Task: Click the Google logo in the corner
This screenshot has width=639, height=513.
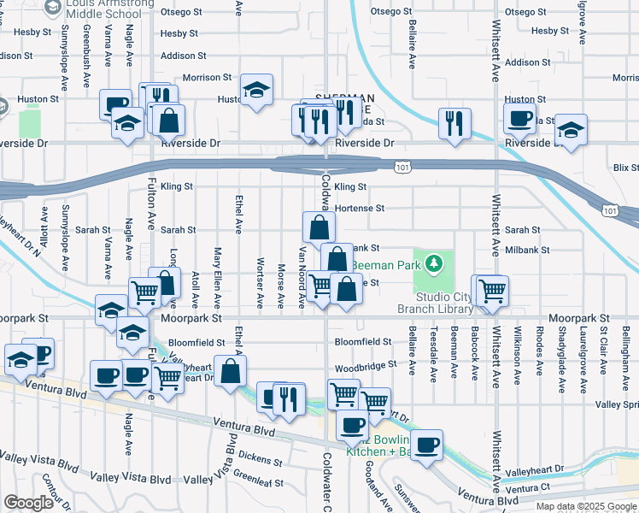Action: [28, 502]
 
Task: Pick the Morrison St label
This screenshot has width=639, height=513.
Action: [207, 77]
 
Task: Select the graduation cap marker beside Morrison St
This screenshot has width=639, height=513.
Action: [255, 91]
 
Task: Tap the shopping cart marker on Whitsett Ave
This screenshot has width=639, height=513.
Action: [492, 291]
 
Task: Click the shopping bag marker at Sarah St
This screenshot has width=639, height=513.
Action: [318, 227]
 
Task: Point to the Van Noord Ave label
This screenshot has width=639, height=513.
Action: [302, 276]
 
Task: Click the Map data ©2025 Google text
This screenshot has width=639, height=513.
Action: [585, 506]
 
